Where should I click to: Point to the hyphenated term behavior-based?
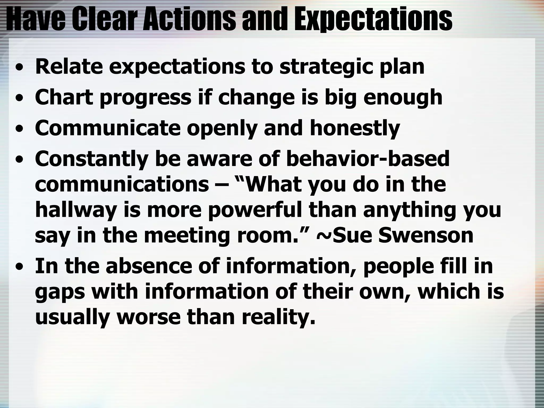pyautogui.click(x=368, y=159)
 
